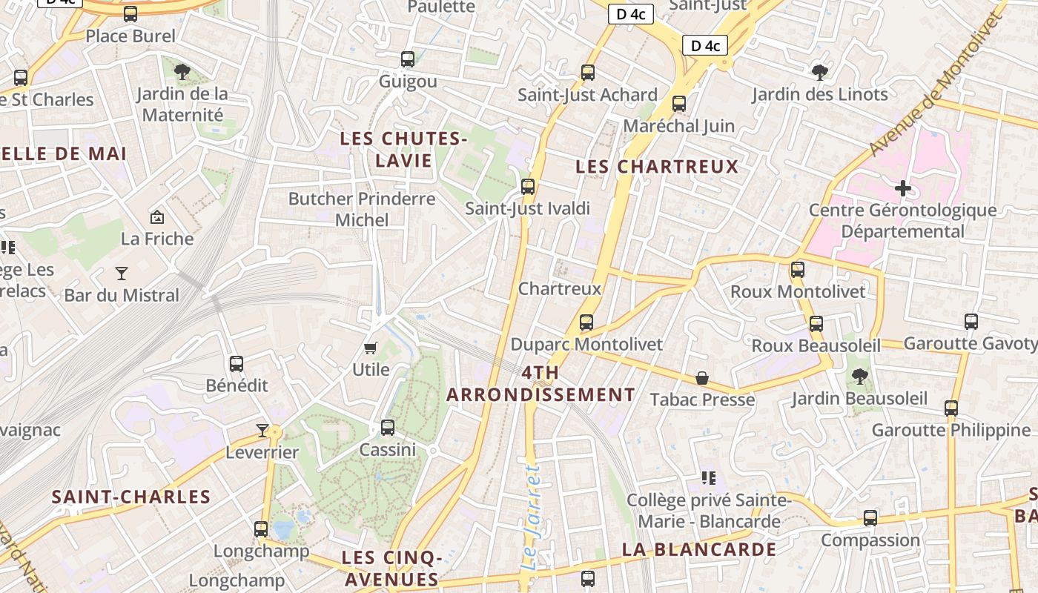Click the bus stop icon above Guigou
click(407, 59)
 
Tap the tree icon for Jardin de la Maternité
click(182, 72)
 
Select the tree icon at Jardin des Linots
click(819, 72)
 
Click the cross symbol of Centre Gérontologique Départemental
click(902, 188)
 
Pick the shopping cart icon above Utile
click(371, 348)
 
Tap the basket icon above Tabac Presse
click(701, 378)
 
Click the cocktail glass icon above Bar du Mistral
click(122, 273)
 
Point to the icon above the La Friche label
click(157, 217)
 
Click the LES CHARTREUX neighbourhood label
click(657, 167)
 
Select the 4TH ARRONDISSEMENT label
click(541, 383)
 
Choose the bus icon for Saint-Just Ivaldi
click(528, 187)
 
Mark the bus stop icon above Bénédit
click(237, 364)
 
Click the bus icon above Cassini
click(387, 428)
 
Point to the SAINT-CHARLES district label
click(131, 497)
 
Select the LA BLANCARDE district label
click(699, 549)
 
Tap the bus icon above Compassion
click(870, 518)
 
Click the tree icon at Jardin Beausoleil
click(859, 377)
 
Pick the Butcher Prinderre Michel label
click(362, 209)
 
